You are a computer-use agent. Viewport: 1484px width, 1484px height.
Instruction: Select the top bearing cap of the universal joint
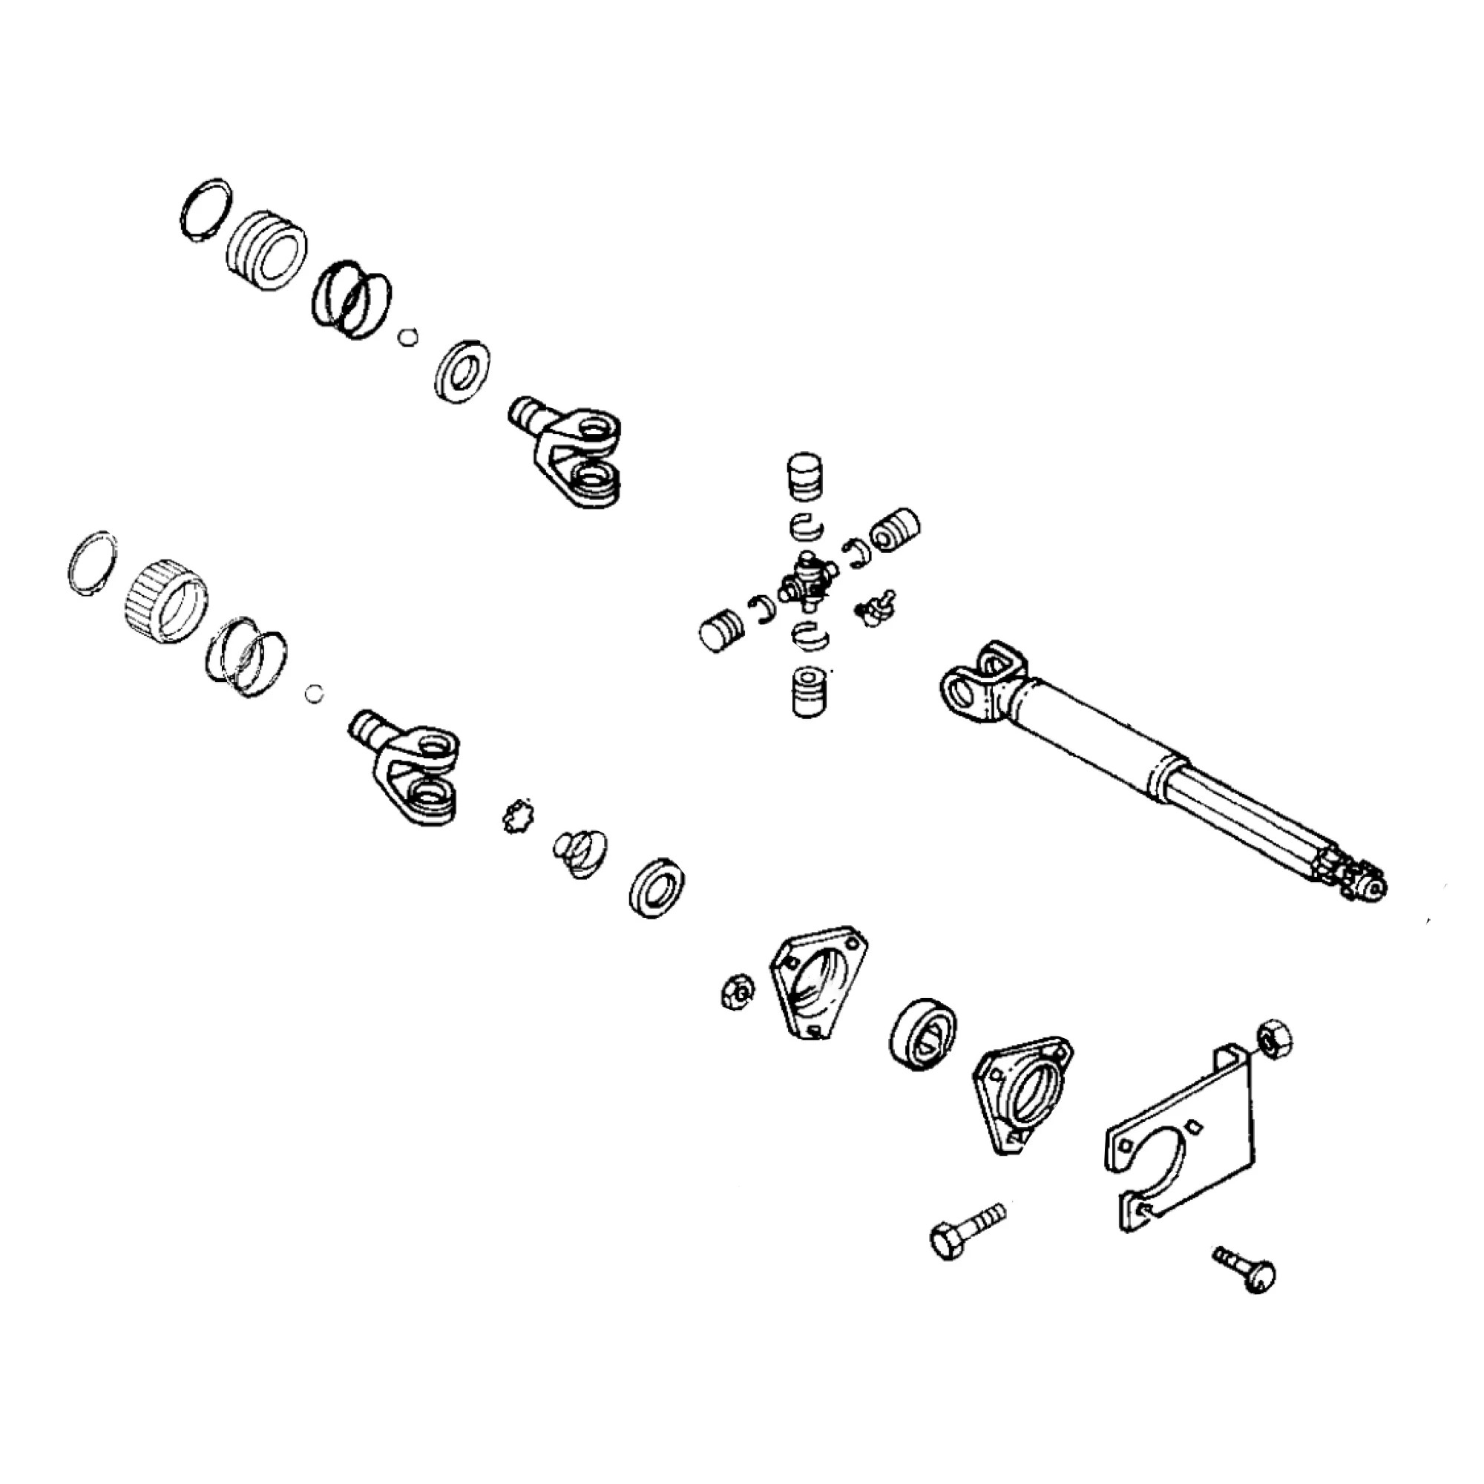point(804,477)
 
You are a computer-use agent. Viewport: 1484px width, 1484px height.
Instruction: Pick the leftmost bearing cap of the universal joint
point(722,631)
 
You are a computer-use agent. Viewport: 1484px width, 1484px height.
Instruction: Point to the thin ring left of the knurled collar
point(93,561)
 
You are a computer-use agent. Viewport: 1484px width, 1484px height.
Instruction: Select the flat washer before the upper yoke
point(462,371)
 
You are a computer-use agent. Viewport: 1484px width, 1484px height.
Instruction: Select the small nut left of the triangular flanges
point(738,991)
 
